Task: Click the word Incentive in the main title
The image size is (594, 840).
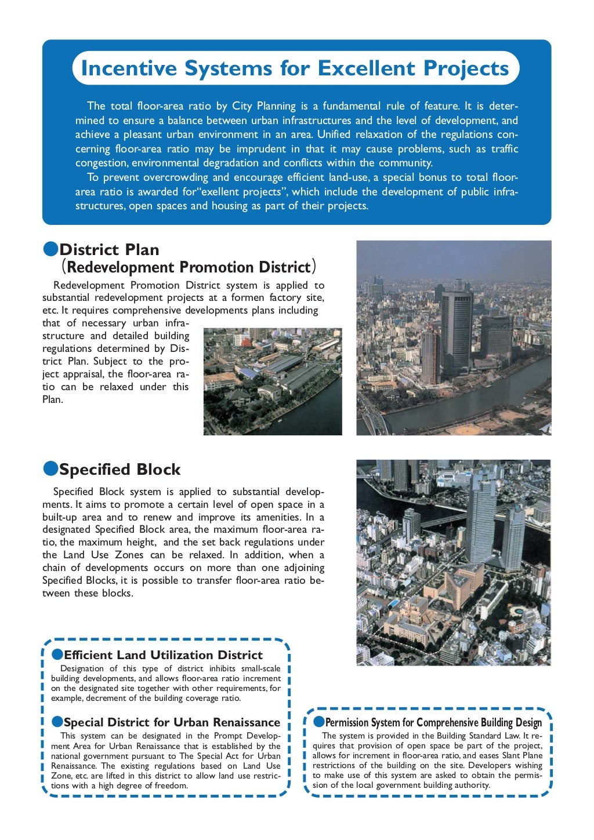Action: (129, 68)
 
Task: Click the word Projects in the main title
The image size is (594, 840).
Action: (466, 68)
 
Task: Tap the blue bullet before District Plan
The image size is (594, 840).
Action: (50, 249)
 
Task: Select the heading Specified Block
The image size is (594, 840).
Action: (119, 469)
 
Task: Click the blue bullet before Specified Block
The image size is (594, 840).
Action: (50, 468)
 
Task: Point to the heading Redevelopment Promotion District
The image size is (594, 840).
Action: (189, 267)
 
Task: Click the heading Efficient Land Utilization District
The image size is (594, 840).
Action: (163, 655)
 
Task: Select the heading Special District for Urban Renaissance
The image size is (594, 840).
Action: (172, 722)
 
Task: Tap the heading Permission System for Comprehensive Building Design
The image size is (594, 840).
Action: (433, 722)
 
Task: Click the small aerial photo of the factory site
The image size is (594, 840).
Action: (273, 381)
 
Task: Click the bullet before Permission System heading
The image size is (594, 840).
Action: (318, 722)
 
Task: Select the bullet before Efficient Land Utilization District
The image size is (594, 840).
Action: (57, 654)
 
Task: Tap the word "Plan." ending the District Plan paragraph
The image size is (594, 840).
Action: (52, 399)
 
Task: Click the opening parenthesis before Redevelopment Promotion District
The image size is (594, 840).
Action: (64, 267)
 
